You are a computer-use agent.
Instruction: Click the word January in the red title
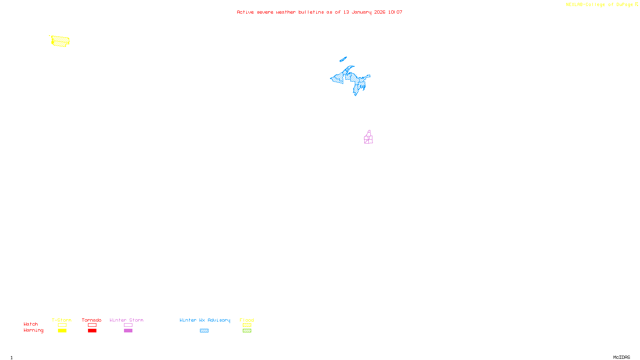(362, 12)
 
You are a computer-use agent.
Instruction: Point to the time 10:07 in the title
(395, 12)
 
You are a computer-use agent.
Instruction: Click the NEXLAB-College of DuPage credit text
(599, 5)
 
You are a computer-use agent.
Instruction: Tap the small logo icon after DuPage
(636, 4)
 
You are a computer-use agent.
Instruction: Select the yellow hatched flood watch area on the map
(60, 41)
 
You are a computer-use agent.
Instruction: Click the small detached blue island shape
(343, 60)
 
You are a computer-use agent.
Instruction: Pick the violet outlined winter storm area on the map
(368, 138)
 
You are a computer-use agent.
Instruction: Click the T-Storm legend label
(62, 320)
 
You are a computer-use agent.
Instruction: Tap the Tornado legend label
(92, 320)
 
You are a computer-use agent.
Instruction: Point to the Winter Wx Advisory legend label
(205, 320)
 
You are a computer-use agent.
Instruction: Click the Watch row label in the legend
(31, 324)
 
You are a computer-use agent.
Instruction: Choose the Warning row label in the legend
(33, 330)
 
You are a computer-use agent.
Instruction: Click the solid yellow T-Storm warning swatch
(62, 331)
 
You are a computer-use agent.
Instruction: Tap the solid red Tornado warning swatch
(92, 331)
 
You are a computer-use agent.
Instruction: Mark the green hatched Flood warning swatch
(247, 331)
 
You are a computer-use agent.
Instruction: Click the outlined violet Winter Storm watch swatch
(128, 325)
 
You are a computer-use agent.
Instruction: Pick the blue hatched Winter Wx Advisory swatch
(204, 331)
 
